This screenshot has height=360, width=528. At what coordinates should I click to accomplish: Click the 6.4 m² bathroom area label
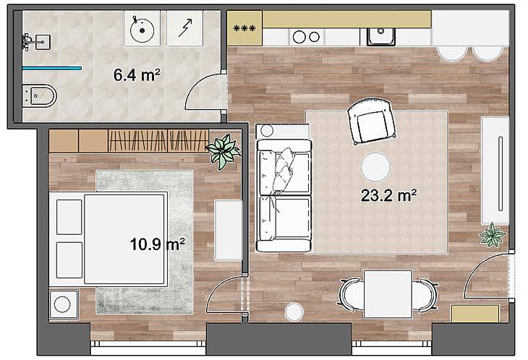pos(137,74)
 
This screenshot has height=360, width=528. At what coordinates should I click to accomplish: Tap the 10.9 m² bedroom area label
pos(157,244)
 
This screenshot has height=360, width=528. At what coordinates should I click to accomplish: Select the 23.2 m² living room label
pos(388,195)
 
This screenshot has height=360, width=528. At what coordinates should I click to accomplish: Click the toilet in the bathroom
pos(39,96)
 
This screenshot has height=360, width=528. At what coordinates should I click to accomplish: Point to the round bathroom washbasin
pos(142,30)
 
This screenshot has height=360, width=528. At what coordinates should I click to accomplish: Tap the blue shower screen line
pos(52,68)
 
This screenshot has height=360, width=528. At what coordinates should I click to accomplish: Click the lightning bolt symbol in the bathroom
pos(185,27)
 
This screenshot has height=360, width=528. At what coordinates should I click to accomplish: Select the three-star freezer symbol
pos(244,28)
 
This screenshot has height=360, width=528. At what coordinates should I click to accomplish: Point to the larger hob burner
pos(299,37)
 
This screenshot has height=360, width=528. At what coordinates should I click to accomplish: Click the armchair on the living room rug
pos(371,121)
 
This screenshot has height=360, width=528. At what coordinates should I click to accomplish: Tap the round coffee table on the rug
pos(375,167)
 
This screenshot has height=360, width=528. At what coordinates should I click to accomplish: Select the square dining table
pos(388,294)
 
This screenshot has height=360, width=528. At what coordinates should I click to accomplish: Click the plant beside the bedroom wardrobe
pos(223,151)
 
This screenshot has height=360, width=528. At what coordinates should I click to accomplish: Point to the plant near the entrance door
pos(493,235)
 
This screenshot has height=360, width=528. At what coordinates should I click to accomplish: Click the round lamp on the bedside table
pos(62,304)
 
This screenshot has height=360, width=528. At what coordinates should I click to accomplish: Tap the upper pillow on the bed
pos(69,217)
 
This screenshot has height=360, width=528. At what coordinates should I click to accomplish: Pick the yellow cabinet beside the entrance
pos(475,314)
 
